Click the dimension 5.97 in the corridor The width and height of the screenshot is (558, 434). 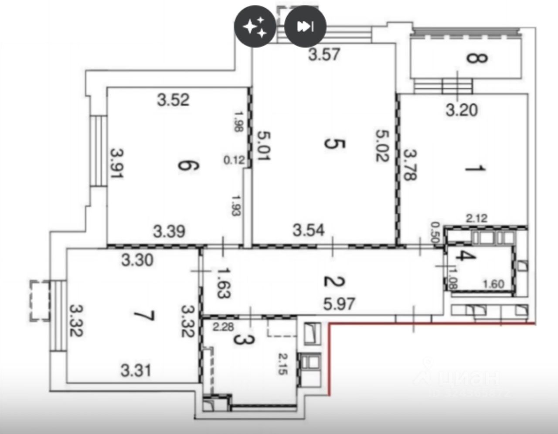(339, 303)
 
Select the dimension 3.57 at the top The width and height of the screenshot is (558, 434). (324, 55)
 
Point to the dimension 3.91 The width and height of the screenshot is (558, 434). (117, 164)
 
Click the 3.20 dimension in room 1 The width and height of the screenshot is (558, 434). (462, 110)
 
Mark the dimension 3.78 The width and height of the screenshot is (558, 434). (410, 165)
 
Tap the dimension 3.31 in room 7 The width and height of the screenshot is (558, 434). (136, 371)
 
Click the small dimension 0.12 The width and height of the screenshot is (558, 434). (234, 160)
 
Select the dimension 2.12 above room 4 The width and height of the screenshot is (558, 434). (476, 218)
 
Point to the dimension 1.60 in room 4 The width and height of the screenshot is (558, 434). (493, 284)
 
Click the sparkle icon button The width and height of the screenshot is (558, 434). (255, 27)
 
